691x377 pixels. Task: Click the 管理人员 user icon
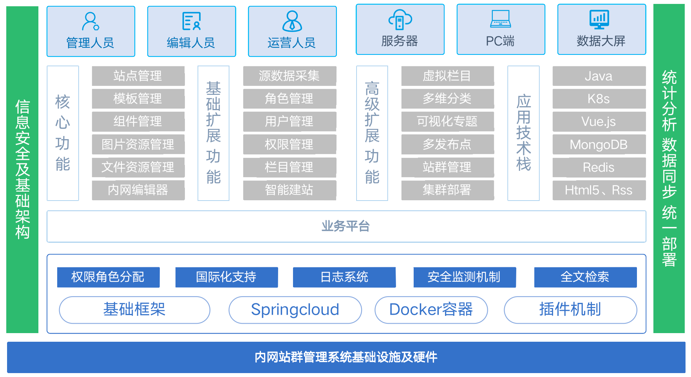coord(90,21)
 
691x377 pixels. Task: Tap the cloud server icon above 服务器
coord(400,20)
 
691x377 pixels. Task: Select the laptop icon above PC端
coord(501,19)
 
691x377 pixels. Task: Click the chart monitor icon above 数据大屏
coord(599,19)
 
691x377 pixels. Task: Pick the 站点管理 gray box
coord(138,76)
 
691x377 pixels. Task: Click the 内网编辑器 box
coord(138,190)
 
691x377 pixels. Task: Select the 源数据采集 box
coord(289,76)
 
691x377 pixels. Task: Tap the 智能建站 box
coord(289,190)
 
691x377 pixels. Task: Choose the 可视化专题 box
coord(447,121)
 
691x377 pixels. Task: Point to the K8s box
coord(599,99)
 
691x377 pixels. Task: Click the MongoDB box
coord(599,145)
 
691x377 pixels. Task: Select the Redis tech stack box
coord(599,167)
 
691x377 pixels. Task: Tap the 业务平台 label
coord(345,226)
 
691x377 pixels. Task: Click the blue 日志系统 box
coord(344,277)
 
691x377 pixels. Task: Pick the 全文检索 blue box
coord(585,277)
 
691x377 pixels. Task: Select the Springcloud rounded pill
coord(295,310)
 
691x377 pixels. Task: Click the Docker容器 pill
coord(431,310)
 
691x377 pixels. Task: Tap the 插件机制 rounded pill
coord(570,310)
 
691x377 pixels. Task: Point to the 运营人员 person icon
coord(292,21)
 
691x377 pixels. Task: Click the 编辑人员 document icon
coord(191,21)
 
